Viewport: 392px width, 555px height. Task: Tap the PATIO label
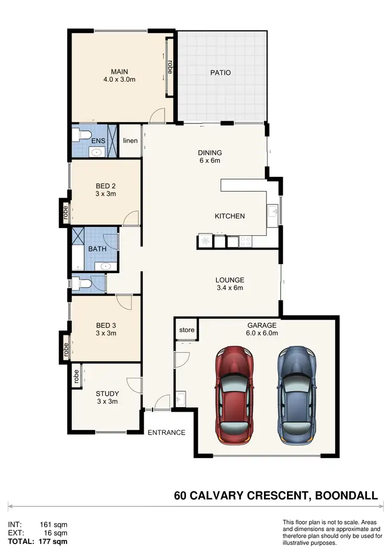tap(221, 73)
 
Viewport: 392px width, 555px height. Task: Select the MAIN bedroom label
tap(119, 72)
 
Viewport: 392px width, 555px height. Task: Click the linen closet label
tap(130, 141)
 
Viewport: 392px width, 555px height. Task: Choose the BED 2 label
tap(105, 186)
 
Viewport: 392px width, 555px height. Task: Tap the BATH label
tap(97, 249)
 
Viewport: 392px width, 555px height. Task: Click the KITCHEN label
tap(229, 216)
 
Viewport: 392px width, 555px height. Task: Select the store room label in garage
tap(187, 330)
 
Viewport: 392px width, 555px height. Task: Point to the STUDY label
tap(107, 394)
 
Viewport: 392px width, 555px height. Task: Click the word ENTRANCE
tap(166, 433)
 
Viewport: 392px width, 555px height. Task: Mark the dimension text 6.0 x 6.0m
tap(262, 332)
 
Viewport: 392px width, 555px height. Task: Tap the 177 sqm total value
tap(53, 541)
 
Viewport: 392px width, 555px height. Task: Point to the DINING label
tap(210, 153)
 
